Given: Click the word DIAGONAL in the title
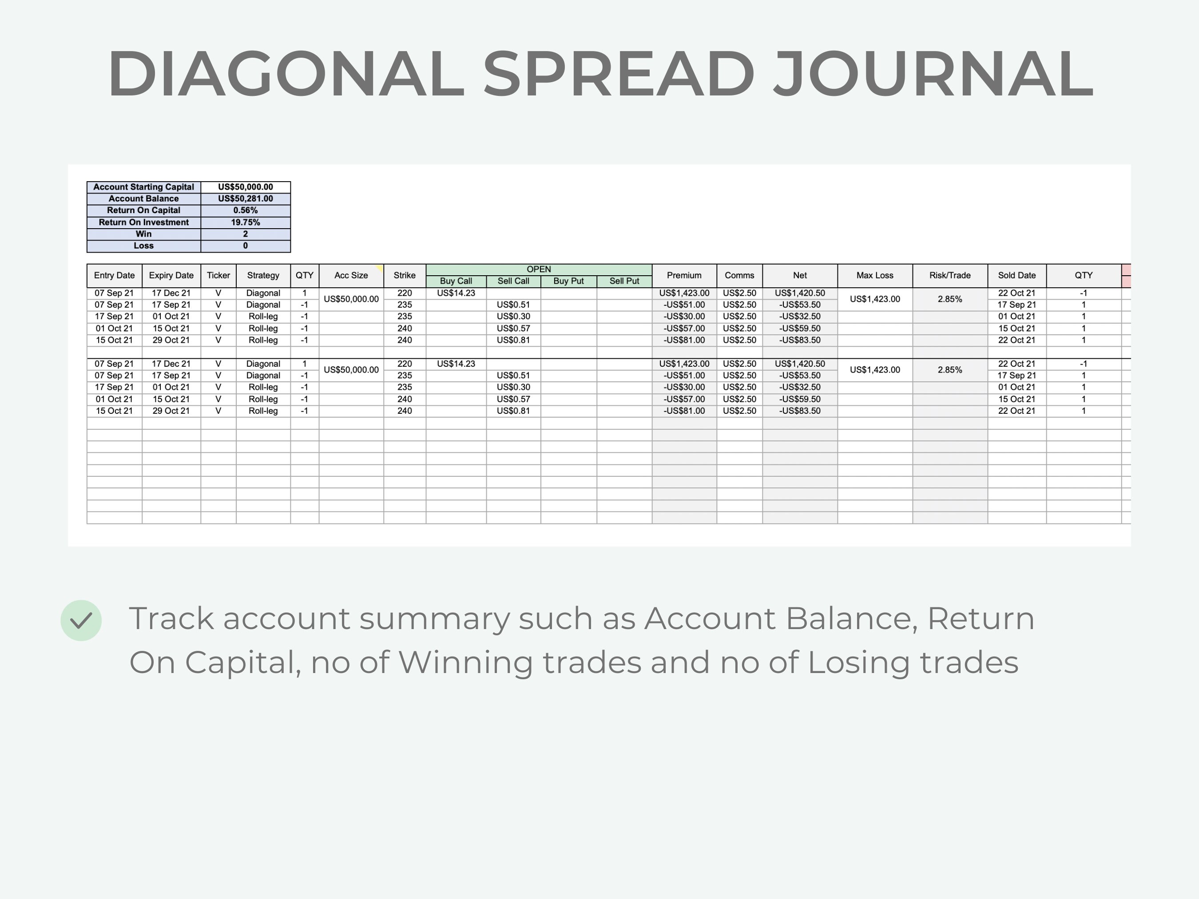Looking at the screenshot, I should point(286,74).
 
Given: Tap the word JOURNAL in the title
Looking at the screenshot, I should point(933,74).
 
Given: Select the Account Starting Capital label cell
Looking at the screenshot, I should point(143,187).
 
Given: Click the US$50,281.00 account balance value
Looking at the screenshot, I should point(246,199).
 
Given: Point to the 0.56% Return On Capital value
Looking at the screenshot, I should point(246,210).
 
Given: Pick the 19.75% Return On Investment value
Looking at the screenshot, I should point(246,222).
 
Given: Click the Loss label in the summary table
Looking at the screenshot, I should point(143,246).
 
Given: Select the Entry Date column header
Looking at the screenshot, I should point(115,275).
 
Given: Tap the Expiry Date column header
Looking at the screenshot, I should point(171,275).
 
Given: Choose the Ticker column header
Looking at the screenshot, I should point(218,275).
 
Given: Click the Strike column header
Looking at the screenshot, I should point(405,275).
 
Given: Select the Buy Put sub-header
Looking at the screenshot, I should point(568,281).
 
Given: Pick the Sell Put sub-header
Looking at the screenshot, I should point(624,281).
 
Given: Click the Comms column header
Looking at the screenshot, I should point(739,275).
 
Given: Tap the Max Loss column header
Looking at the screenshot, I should point(875,275).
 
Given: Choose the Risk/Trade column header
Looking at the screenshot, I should point(950,275).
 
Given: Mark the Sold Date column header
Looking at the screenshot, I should point(1017,275).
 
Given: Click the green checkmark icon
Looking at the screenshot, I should point(81,621).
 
